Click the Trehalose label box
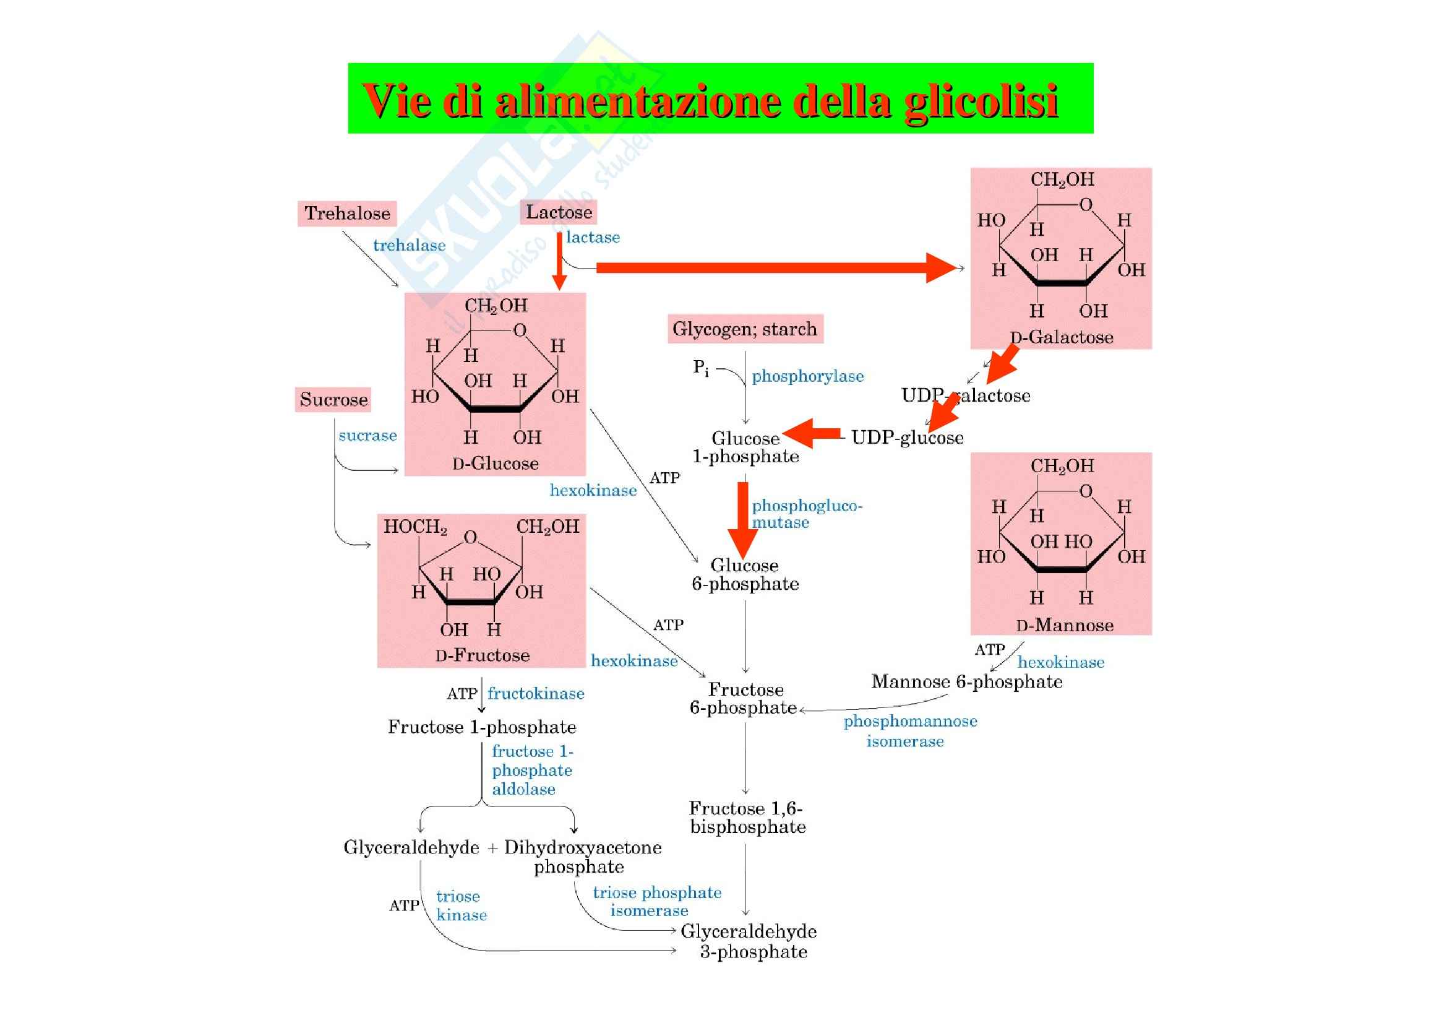(346, 214)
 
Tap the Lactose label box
(559, 212)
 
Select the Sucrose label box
(333, 400)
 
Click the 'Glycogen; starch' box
(745, 329)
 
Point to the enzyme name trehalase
(409, 245)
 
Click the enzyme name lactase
(593, 238)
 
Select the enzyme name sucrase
(367, 436)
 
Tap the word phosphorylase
(807, 376)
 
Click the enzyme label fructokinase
(536, 694)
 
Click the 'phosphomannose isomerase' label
(910, 730)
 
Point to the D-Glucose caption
(496, 464)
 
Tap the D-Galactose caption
(1062, 337)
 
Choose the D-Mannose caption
(1065, 625)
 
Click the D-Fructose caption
(482, 655)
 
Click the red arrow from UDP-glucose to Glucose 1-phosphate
(812, 434)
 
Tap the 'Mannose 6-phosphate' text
(966, 682)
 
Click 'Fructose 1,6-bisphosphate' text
(747, 818)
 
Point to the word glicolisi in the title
(981, 101)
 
